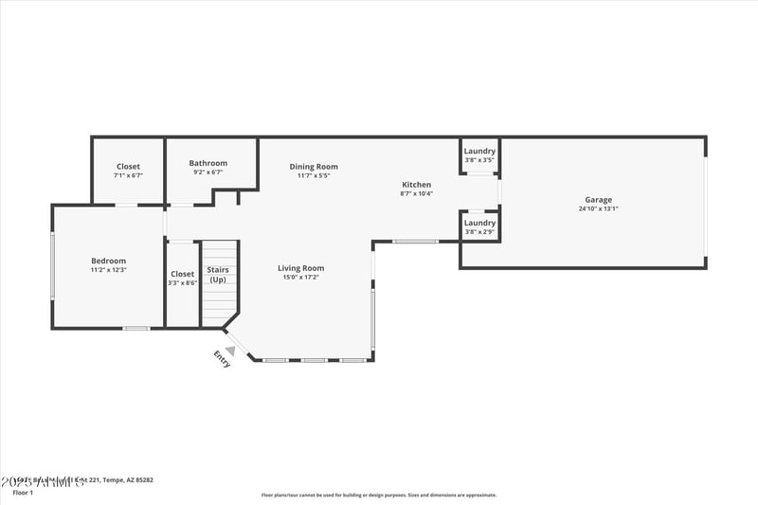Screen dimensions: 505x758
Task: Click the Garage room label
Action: click(x=598, y=200)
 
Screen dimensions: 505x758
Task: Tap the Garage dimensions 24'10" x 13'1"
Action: click(x=598, y=209)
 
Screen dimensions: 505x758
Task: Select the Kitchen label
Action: click(x=416, y=185)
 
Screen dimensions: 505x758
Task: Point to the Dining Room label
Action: click(x=314, y=167)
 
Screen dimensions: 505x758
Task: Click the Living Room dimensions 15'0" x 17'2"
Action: click(x=300, y=278)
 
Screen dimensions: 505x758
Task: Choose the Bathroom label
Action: click(x=208, y=163)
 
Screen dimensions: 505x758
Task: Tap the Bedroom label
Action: click(x=108, y=261)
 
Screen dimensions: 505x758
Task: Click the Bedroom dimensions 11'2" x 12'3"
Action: click(x=108, y=270)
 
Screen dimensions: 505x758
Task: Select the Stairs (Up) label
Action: click(x=218, y=275)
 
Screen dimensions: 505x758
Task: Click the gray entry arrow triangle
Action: click(x=229, y=351)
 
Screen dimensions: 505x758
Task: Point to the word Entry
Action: click(x=222, y=359)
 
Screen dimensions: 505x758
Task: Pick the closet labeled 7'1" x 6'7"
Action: click(x=128, y=171)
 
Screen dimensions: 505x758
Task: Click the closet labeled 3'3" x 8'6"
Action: click(x=182, y=279)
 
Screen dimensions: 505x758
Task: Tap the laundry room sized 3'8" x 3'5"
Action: click(x=479, y=155)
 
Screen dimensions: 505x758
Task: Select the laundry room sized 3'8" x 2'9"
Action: click(x=479, y=227)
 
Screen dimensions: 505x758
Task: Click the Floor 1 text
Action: click(x=23, y=493)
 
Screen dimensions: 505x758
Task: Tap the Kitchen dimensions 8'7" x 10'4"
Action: click(x=416, y=194)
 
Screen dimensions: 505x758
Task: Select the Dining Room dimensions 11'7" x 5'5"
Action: click(x=314, y=176)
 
